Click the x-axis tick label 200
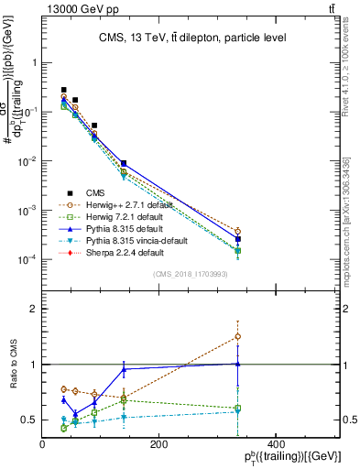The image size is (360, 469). coord(158,445)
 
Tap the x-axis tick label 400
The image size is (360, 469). coord(274,445)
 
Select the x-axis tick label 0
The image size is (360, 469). coord(43,445)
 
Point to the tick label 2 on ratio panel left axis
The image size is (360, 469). coord(34,310)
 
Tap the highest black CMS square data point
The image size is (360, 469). coord(63,90)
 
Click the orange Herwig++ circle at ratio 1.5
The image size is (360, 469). coord(237,336)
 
